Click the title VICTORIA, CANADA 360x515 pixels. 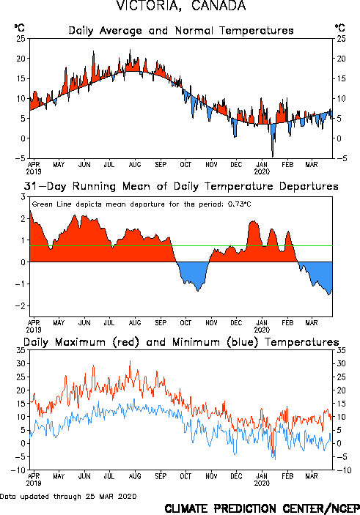click(x=181, y=6)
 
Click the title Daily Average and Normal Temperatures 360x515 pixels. click(x=181, y=31)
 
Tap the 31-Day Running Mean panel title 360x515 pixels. click(x=181, y=186)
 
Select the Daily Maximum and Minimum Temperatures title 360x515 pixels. click(x=181, y=342)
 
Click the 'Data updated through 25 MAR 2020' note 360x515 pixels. click(x=68, y=496)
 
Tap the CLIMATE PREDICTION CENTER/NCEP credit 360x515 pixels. click(x=262, y=508)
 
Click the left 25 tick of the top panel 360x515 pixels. click(x=21, y=39)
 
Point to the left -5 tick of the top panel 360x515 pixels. click(x=21, y=158)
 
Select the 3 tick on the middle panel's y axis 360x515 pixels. click(x=23, y=197)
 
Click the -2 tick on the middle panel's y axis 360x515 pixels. click(x=21, y=305)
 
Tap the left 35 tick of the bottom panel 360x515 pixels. click(x=21, y=350)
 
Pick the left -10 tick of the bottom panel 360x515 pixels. click(x=18, y=470)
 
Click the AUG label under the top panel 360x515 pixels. click(x=135, y=165)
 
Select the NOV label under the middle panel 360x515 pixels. click(x=211, y=323)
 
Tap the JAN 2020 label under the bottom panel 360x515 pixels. click(x=262, y=479)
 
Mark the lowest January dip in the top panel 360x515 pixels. click(x=273, y=156)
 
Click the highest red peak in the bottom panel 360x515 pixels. click(x=130, y=361)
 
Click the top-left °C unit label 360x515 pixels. click(x=19, y=28)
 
